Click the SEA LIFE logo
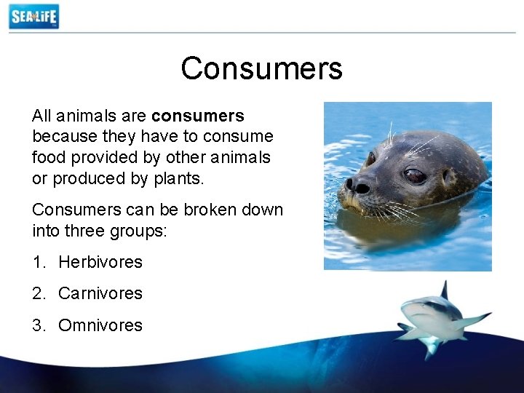pyautogui.click(x=33, y=16)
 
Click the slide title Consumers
pyautogui.click(x=261, y=68)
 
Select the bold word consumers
pyautogui.click(x=198, y=116)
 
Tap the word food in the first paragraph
pyautogui.click(x=47, y=157)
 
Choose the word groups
pyautogui.click(x=143, y=231)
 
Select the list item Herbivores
pyautogui.click(x=100, y=262)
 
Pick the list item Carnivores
pyautogui.click(x=100, y=294)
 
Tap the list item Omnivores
pyautogui.click(x=100, y=325)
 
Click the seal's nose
pyautogui.click(x=357, y=185)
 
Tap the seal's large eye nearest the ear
pyautogui.click(x=415, y=175)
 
